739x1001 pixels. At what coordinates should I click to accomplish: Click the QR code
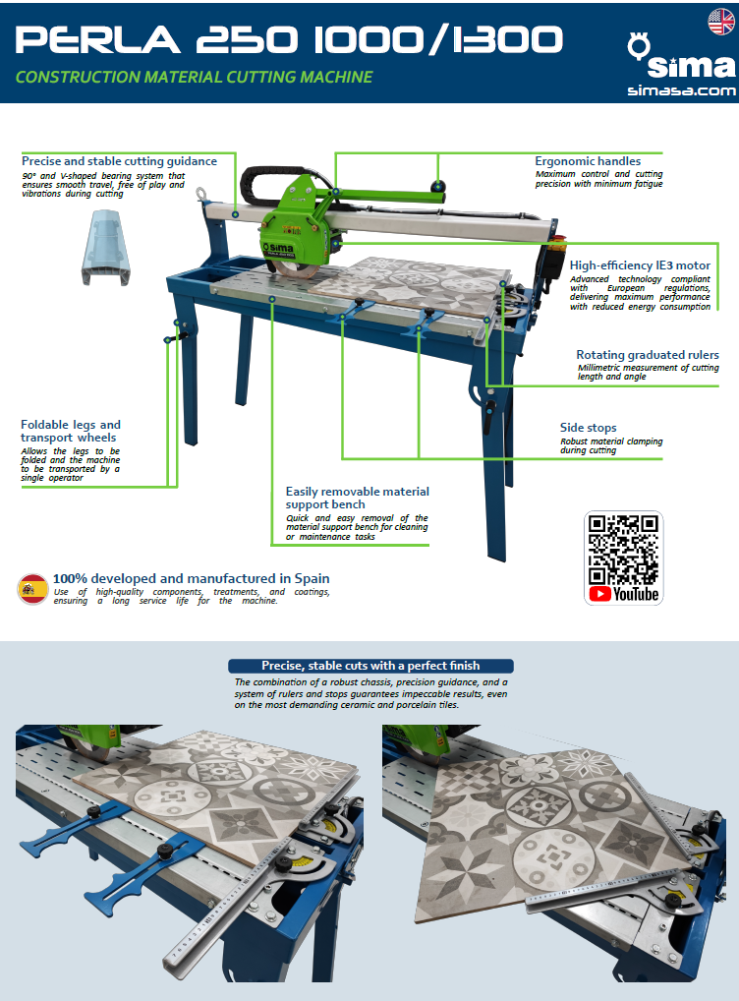click(x=623, y=550)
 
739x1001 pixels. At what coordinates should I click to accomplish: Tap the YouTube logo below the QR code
click(x=623, y=594)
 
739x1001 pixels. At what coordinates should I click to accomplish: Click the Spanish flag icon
click(x=32, y=589)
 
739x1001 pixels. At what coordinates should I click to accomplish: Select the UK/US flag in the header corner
click(x=721, y=22)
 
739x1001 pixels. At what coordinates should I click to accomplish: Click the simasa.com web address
click(x=682, y=90)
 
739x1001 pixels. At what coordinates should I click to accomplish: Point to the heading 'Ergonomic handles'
click(x=588, y=161)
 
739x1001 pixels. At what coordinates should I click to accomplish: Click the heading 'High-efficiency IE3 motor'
click(x=640, y=265)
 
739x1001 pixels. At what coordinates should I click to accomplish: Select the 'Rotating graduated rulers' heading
click(x=647, y=354)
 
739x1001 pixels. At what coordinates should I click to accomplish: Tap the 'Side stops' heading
click(x=588, y=427)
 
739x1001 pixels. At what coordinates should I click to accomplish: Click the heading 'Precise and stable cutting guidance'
click(x=119, y=161)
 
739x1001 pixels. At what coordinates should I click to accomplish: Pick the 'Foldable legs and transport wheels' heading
click(x=70, y=431)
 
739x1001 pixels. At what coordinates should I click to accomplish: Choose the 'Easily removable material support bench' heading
click(x=358, y=498)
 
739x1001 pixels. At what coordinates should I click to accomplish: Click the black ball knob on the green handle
click(x=437, y=186)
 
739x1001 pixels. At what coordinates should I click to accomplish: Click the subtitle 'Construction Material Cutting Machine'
click(x=194, y=78)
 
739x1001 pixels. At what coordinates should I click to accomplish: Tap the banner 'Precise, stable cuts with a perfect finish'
click(x=370, y=666)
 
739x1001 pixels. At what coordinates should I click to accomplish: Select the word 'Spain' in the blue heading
click(x=313, y=578)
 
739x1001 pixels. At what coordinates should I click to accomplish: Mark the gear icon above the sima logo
click(x=638, y=46)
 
